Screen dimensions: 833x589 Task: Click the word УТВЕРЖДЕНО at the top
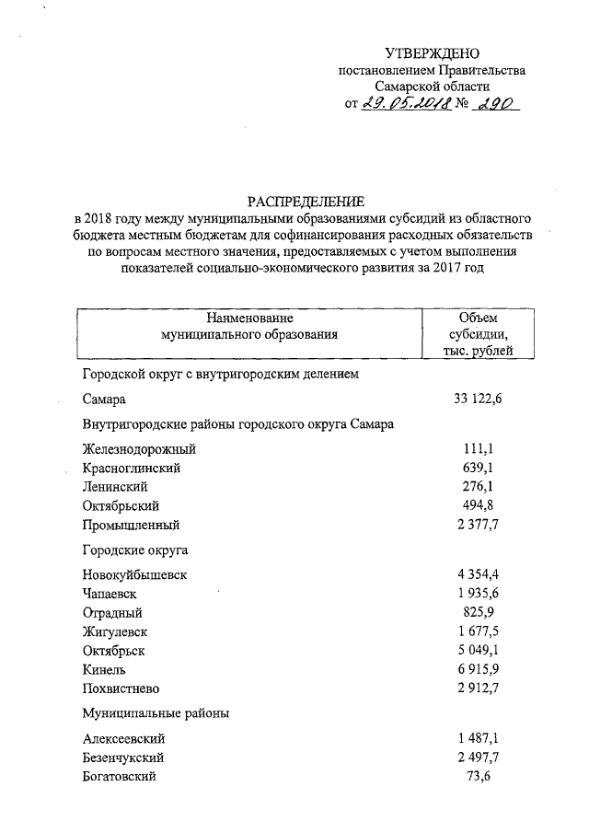(433, 53)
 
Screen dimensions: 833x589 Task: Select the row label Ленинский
(115, 487)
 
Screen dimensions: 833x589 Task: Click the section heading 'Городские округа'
(135, 550)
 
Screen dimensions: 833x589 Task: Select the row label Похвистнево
(121, 688)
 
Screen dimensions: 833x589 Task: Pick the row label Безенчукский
(123, 758)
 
